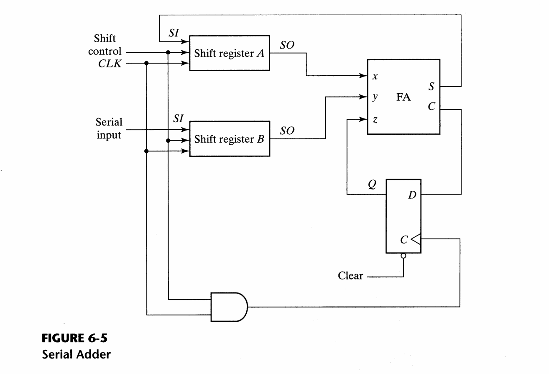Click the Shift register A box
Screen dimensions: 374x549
point(230,53)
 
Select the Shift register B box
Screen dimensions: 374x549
point(230,139)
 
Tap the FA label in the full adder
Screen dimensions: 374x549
point(403,97)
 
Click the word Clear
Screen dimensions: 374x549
point(350,276)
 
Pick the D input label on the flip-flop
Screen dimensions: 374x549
point(412,195)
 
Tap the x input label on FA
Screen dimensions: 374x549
point(375,77)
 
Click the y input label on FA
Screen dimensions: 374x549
point(375,97)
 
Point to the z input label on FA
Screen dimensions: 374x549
point(375,120)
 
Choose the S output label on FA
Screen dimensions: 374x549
point(432,87)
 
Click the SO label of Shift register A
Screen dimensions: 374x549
point(287,45)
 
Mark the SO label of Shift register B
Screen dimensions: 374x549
point(287,131)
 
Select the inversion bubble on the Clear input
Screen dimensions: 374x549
point(403,256)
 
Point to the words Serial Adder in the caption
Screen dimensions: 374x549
point(76,355)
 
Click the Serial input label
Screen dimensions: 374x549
point(109,129)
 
